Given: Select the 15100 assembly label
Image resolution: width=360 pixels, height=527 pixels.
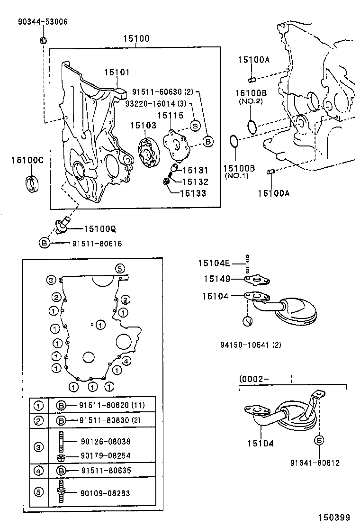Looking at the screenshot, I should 136,39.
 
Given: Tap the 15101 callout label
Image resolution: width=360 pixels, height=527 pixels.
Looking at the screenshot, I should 117,72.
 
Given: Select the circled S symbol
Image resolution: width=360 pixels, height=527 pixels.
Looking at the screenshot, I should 195,125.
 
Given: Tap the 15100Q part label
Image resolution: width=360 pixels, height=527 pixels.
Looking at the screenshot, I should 100,229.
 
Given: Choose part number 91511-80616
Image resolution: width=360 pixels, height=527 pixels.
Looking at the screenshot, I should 97,243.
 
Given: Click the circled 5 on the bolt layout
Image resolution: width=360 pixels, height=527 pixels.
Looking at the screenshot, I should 120,268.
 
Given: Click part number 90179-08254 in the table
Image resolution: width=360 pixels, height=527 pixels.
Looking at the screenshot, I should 105,456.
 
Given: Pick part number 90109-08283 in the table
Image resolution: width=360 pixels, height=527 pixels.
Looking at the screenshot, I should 105,493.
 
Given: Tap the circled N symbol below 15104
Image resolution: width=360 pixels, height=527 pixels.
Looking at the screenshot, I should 248,322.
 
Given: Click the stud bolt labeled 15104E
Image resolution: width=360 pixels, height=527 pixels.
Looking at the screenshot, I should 247,263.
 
